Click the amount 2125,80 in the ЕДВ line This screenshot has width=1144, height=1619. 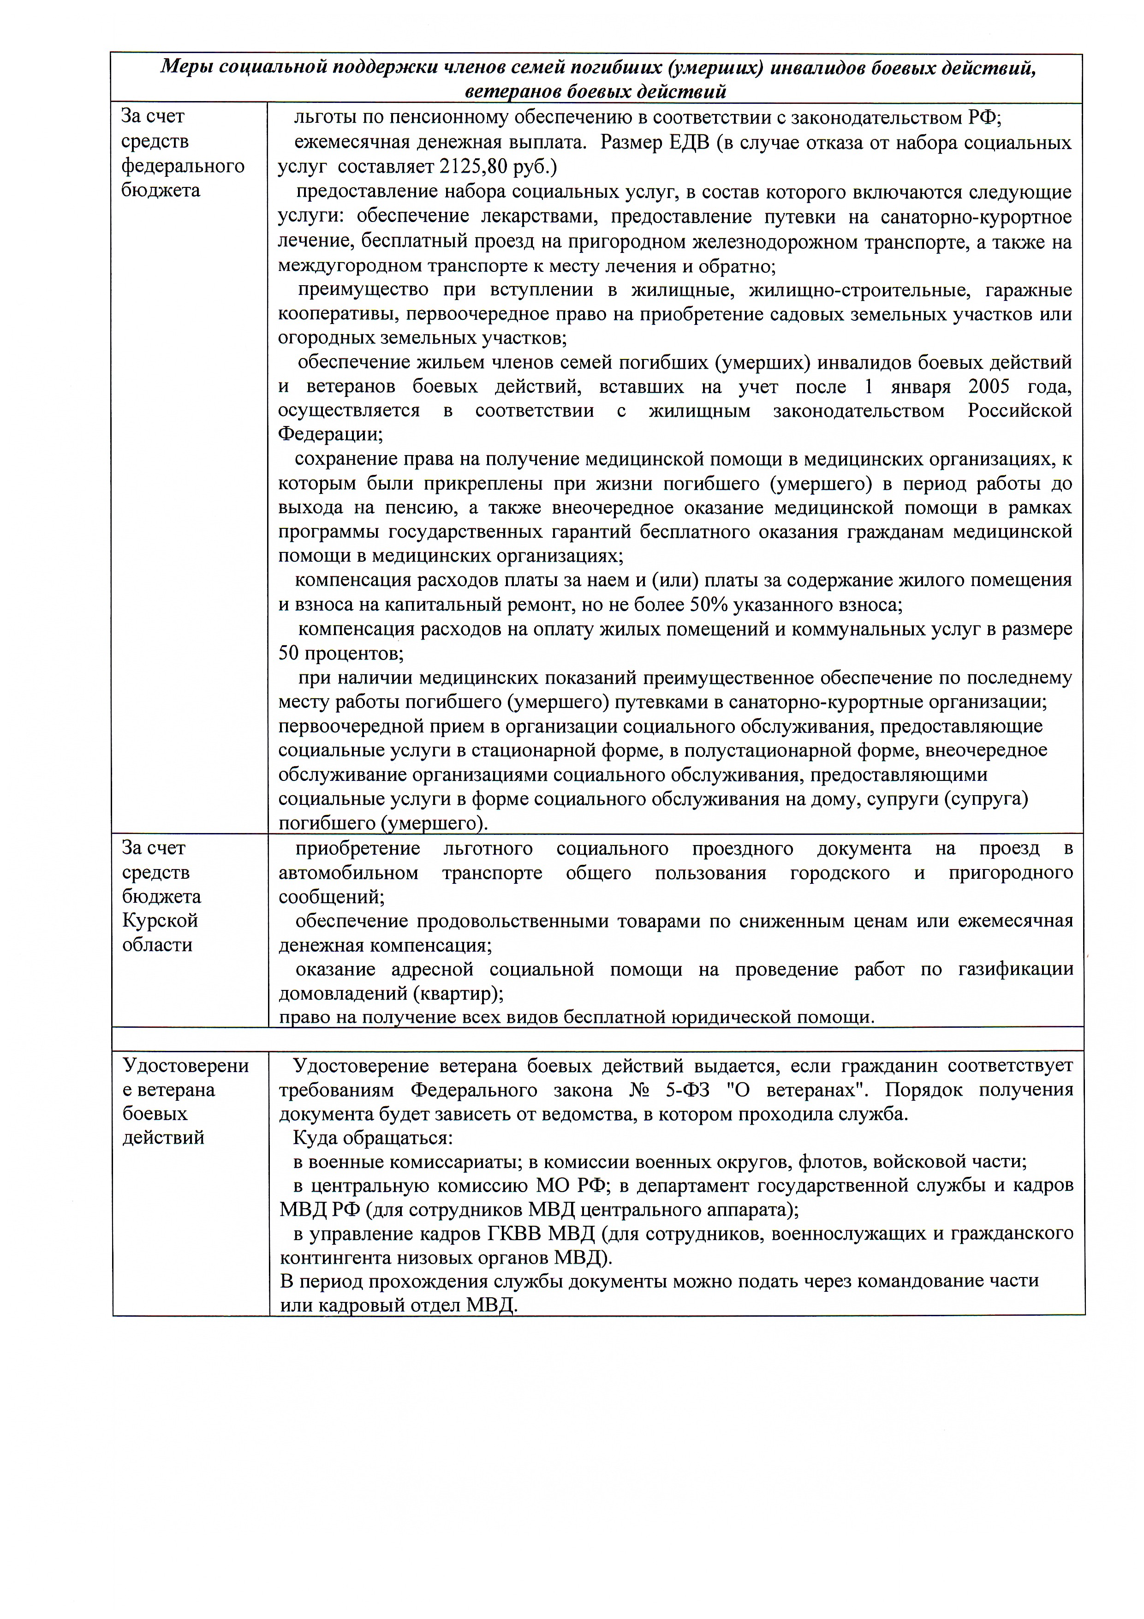[471, 167]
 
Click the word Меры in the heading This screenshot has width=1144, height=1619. [186, 67]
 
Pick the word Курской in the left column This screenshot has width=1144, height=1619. [160, 920]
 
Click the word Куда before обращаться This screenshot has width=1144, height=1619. [315, 1138]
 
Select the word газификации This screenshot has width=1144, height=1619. [1015, 970]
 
